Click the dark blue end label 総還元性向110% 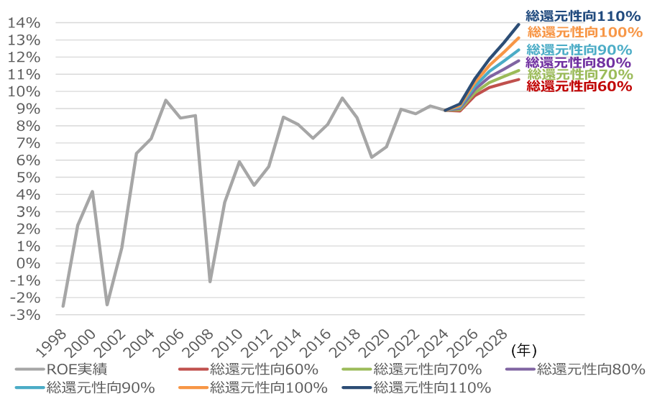[x=582, y=15]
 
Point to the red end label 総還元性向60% [x=579, y=86]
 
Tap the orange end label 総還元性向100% [x=584, y=32]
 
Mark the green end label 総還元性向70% [x=580, y=74]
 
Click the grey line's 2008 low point [x=210, y=281]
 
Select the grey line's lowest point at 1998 [x=63, y=306]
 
